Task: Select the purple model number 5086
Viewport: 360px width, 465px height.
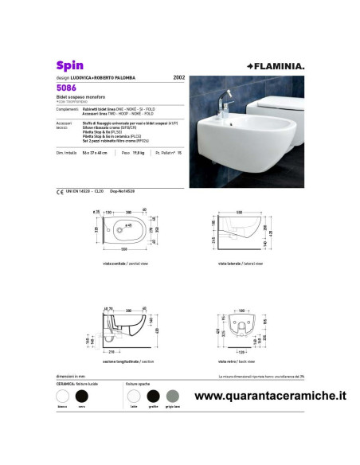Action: (x=66, y=88)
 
